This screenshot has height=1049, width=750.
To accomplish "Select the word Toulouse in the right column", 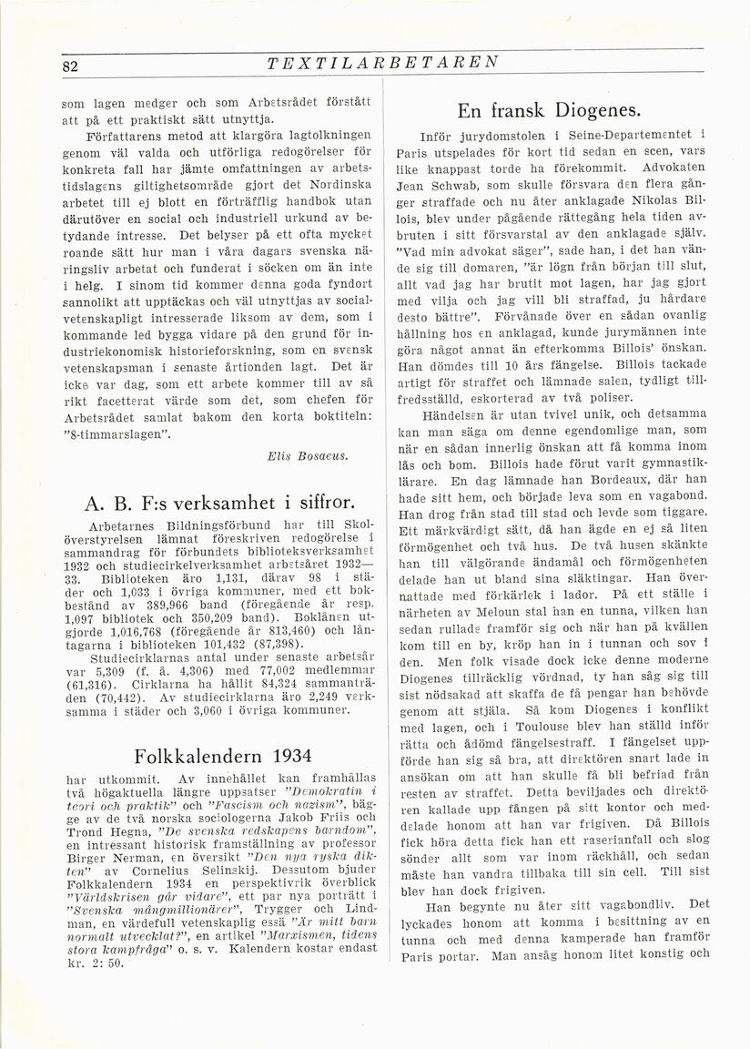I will (517, 727).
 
